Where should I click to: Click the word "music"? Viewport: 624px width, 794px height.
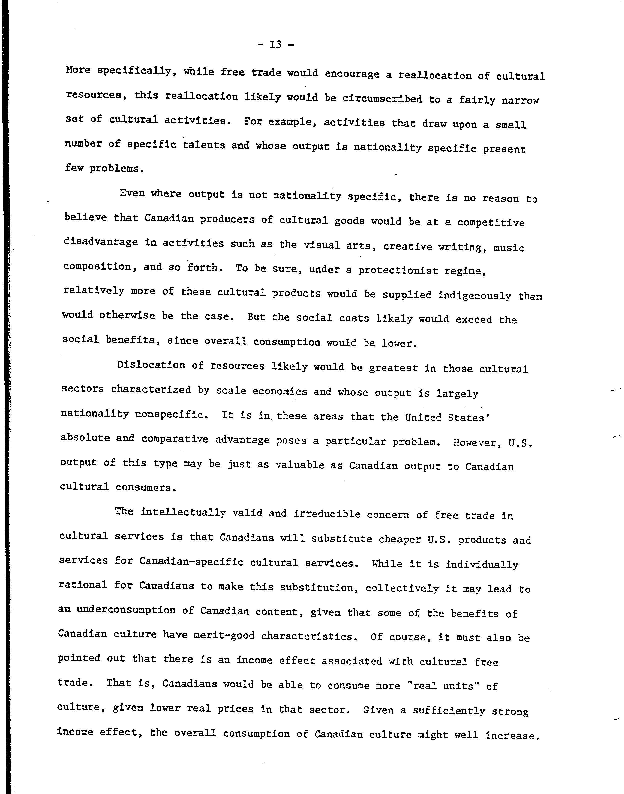[x=509, y=248]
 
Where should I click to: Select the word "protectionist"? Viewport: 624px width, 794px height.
[x=398, y=270]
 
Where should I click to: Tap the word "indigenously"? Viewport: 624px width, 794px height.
[x=475, y=295]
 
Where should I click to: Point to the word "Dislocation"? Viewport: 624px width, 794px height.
[x=151, y=365]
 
